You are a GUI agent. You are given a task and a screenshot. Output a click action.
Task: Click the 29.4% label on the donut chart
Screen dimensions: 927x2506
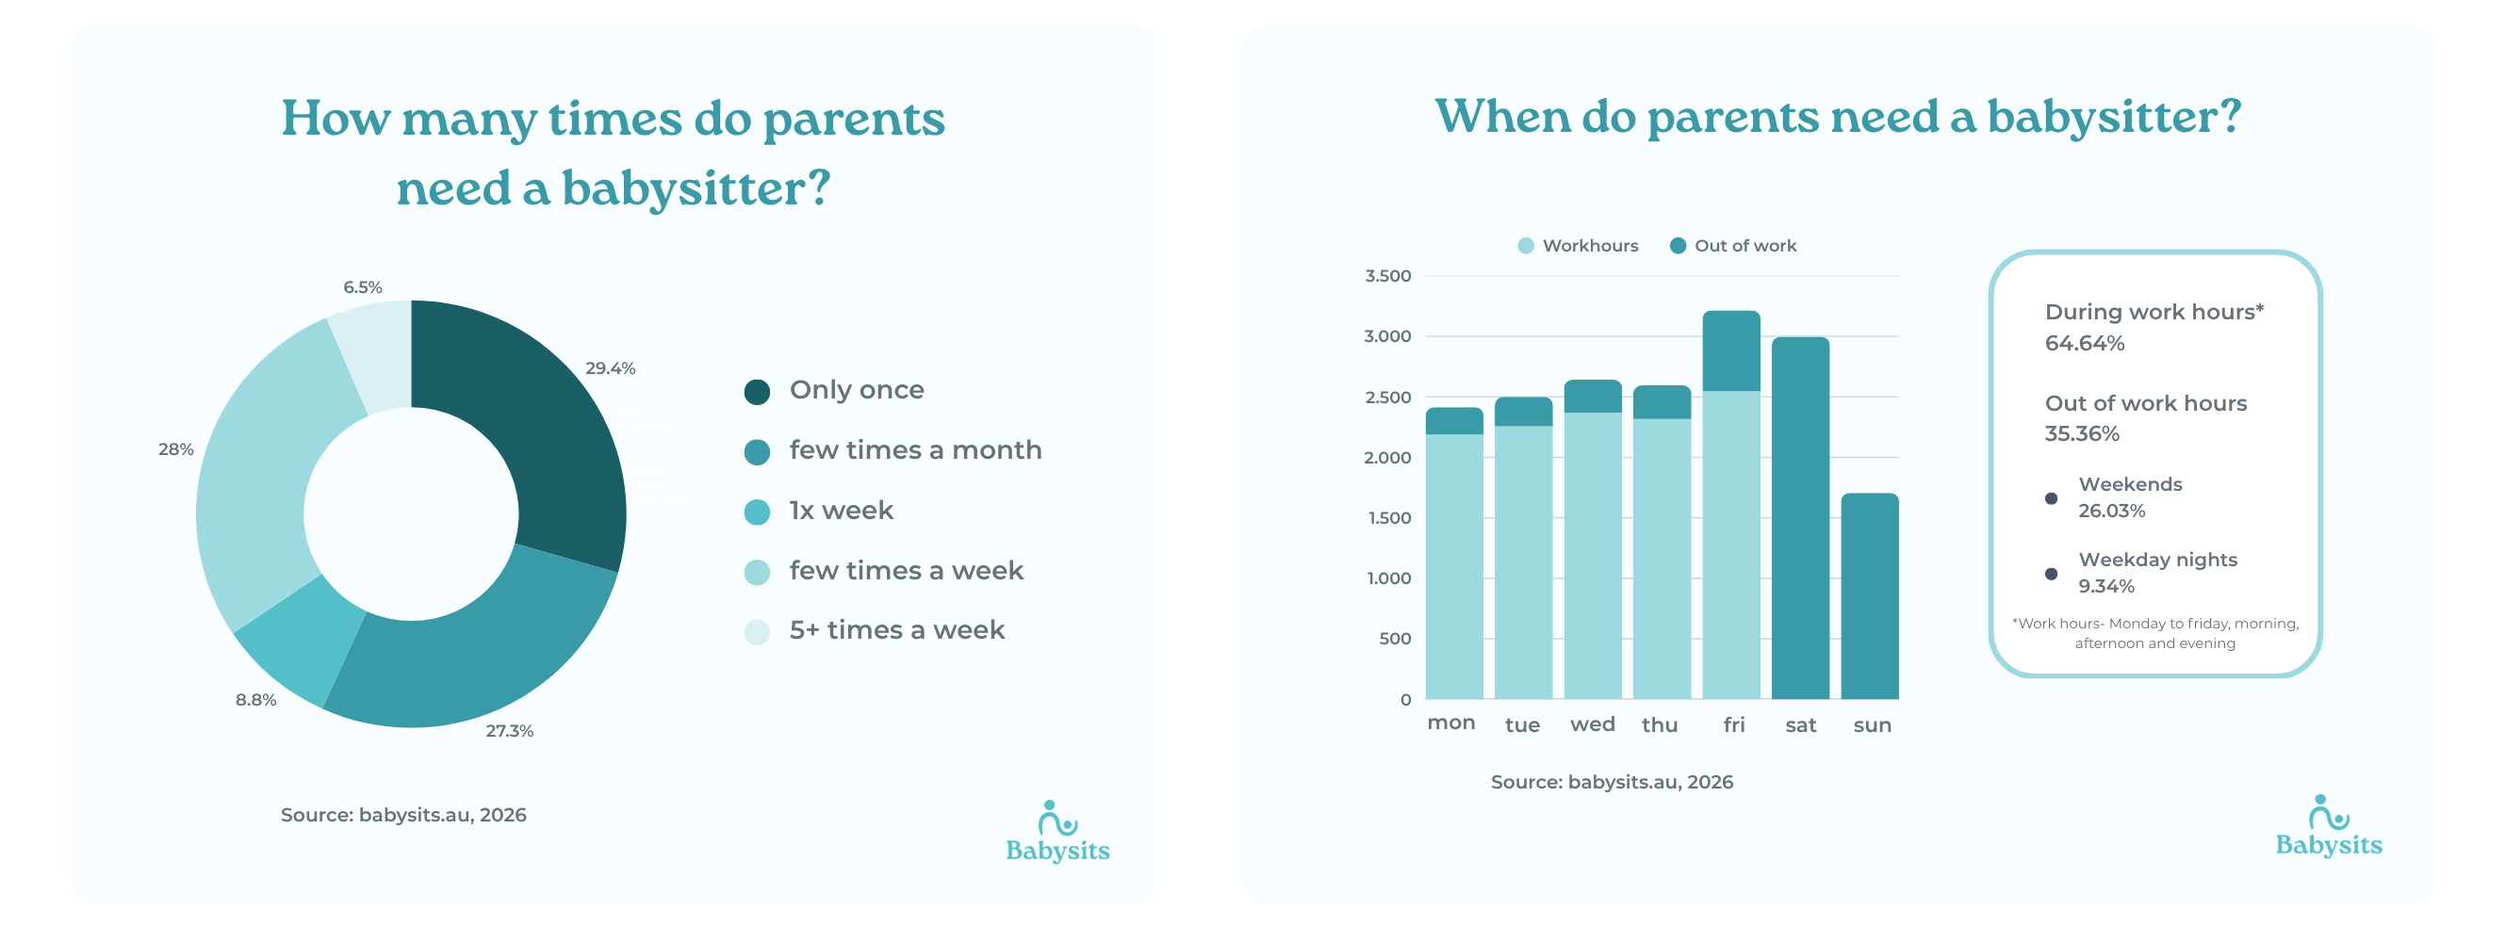coord(610,367)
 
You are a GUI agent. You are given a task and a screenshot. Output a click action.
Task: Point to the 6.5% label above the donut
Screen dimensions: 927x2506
coord(362,287)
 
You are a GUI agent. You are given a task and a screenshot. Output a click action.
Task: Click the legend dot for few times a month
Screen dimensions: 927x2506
coord(757,451)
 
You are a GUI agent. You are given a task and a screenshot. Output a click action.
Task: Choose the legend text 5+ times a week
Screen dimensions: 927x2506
coord(896,629)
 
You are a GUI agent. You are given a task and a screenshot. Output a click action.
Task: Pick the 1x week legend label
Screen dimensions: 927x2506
coord(841,510)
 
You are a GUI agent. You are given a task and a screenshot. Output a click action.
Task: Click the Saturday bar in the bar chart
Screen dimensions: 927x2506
coord(1799,526)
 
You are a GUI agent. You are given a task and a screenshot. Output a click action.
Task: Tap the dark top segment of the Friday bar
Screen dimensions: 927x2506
coord(1730,350)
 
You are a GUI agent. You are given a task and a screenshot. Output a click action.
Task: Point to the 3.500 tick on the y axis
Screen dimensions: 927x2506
coord(1387,276)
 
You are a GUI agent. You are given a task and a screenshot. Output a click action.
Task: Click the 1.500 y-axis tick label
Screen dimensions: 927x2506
coord(1387,517)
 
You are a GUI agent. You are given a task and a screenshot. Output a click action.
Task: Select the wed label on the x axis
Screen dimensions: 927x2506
coord(1592,724)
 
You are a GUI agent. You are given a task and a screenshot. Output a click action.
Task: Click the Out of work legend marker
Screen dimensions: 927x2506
coord(1678,246)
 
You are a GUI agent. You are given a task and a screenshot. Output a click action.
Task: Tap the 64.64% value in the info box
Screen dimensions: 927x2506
coord(2084,342)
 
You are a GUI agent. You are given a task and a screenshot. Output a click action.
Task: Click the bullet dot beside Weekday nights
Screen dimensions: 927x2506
coord(2051,573)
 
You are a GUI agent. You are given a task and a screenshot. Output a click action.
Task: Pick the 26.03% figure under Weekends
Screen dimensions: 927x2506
coord(2111,510)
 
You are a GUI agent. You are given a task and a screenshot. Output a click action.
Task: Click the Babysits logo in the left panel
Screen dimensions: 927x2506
coord(1057,832)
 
